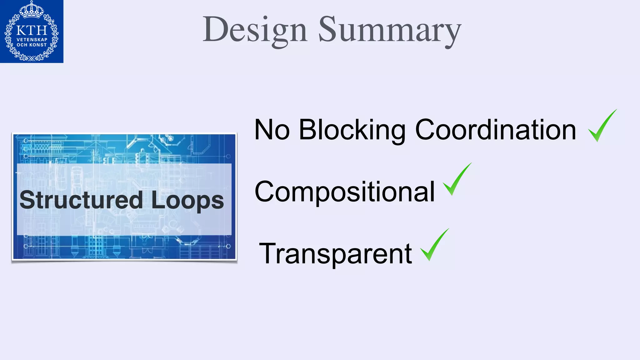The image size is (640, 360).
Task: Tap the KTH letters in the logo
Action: pos(32,31)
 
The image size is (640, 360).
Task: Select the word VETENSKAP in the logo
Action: pos(32,40)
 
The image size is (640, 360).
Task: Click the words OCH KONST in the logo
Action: pos(32,45)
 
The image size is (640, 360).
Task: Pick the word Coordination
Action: pos(495,130)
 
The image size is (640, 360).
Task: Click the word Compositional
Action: pos(345,192)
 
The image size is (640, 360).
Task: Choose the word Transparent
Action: pos(335,253)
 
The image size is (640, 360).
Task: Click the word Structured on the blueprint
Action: pos(81,200)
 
